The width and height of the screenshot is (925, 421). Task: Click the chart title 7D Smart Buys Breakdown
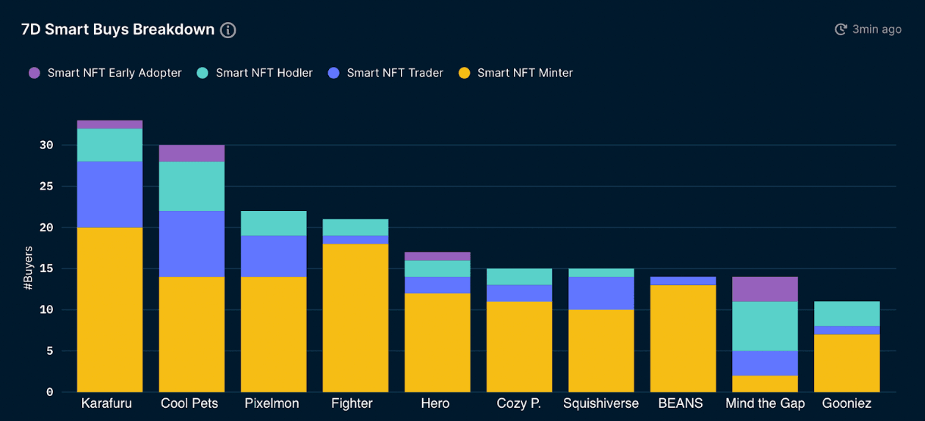[x=117, y=29]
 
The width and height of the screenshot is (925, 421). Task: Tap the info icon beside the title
[x=228, y=30]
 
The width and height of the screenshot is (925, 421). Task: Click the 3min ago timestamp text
[x=877, y=29]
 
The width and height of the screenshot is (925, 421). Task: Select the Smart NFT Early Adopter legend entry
[x=114, y=73]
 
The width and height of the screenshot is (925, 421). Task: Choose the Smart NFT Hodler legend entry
[x=264, y=73]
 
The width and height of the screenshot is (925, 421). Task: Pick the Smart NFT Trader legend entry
[x=394, y=73]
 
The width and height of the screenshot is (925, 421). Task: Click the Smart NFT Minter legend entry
[x=524, y=73]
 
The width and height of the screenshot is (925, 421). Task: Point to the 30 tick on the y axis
[x=47, y=145]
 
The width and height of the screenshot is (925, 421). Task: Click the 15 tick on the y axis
[x=47, y=269]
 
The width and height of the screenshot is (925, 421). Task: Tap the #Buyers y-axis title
[x=29, y=268]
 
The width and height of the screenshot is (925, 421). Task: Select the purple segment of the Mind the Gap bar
[x=765, y=289]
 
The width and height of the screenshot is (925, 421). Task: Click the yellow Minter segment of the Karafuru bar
[x=110, y=309]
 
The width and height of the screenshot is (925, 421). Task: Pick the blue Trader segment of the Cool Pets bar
[x=192, y=244]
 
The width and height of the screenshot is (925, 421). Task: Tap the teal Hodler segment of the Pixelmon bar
[x=274, y=223]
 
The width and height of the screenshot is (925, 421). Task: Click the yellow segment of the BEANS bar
[x=683, y=338]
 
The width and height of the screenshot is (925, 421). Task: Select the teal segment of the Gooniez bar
[x=847, y=314]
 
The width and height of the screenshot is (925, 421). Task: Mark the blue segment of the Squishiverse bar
[x=601, y=293]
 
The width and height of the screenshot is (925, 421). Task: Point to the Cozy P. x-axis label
[x=519, y=403]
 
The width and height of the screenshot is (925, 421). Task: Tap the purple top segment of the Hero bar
[x=438, y=256]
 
